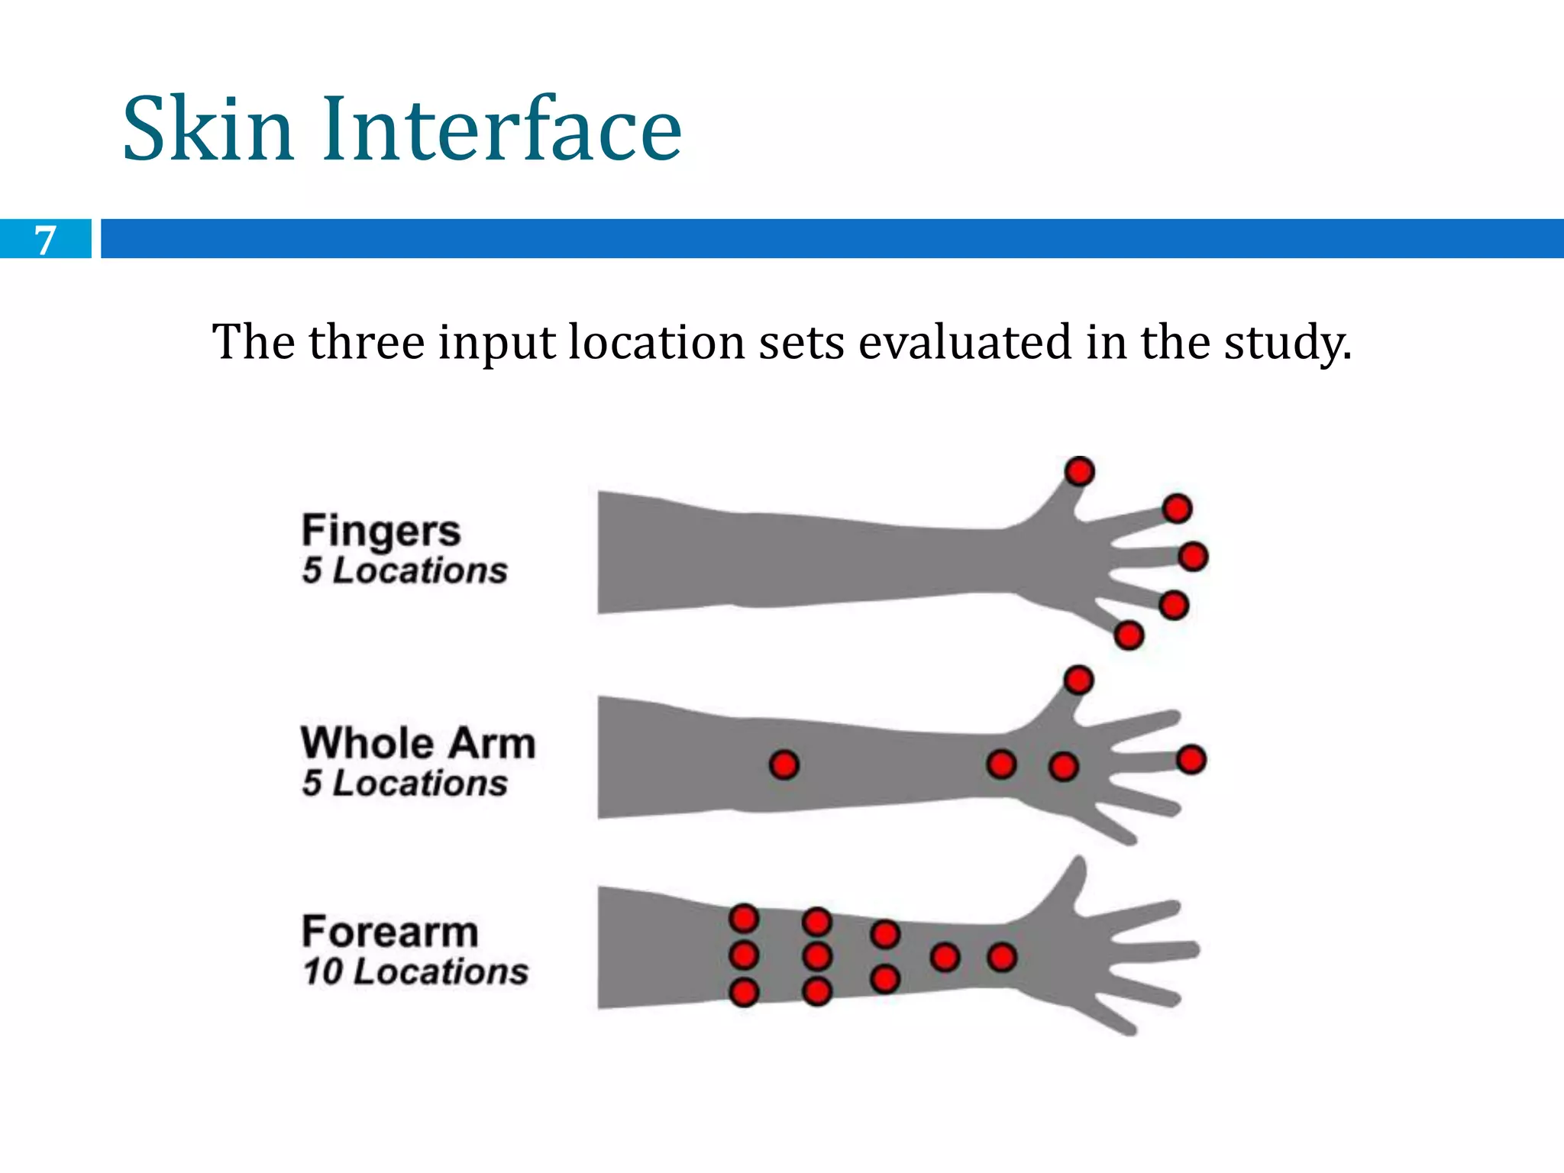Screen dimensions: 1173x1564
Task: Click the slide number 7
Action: pos(46,240)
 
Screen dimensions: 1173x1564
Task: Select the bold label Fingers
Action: pos(381,531)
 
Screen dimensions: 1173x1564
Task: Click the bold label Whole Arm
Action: pos(418,743)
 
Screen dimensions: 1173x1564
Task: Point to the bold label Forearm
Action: pos(389,932)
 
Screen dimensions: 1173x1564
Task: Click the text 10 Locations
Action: pos(415,972)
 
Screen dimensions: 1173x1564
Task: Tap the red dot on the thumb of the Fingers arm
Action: pos(1079,471)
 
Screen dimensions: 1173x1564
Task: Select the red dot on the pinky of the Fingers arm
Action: pos(1129,635)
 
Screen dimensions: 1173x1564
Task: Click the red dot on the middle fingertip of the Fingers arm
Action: pos(1193,556)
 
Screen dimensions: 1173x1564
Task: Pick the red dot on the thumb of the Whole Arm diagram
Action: pos(1078,680)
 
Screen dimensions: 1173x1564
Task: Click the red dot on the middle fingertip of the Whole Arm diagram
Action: pos(1191,760)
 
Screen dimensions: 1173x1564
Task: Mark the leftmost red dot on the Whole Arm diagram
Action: pos(784,764)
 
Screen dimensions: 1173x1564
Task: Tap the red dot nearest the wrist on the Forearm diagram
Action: pos(1002,957)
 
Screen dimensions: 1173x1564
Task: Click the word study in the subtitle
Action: pos(1288,342)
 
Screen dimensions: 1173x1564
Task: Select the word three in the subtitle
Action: pos(367,342)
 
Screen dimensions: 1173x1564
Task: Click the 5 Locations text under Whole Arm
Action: pos(405,784)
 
